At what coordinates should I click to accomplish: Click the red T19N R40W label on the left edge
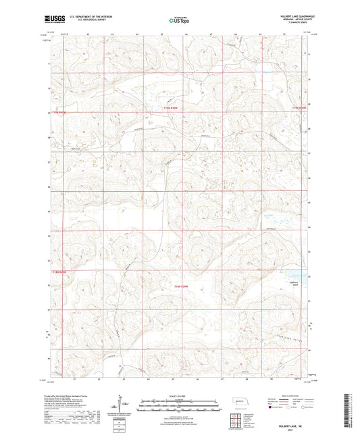pos(61,113)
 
